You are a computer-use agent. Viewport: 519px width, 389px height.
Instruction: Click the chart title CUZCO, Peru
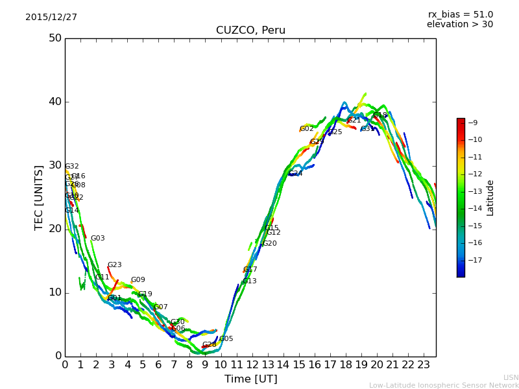pos(250,30)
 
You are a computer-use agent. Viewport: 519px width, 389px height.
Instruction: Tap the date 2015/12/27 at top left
pos(51,18)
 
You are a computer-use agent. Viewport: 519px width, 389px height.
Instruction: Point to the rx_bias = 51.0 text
pos(460,15)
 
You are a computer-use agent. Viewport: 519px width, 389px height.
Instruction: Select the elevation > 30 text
pos(459,25)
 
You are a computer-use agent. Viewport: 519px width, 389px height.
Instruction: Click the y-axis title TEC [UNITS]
pos(39,197)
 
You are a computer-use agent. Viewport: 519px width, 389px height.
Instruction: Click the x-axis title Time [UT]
pos(250,379)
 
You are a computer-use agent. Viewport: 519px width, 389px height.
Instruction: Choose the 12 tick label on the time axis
pos(252,365)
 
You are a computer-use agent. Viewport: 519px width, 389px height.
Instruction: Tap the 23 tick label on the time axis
pos(424,365)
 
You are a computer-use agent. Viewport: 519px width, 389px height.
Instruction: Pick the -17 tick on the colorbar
pos(474,261)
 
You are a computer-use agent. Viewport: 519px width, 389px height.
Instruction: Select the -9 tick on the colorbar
pos(473,123)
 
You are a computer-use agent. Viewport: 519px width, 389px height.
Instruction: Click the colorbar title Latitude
pos(490,198)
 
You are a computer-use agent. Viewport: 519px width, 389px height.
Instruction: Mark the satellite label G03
pos(97,239)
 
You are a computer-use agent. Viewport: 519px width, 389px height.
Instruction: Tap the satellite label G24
pos(295,174)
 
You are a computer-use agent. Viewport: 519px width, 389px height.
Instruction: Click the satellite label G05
pos(226,339)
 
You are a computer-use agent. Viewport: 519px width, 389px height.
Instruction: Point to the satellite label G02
pos(306,129)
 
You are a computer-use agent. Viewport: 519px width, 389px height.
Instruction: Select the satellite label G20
pos(269,244)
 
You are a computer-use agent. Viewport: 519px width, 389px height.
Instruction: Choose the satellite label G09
pos(138,280)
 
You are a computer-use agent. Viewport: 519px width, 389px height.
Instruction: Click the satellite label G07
pos(160,307)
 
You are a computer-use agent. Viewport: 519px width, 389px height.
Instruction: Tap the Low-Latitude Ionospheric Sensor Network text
pos(444,386)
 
